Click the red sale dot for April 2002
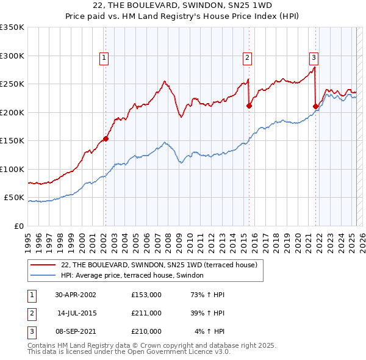(x=106, y=139)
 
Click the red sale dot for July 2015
(x=249, y=106)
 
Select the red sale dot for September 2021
(x=315, y=106)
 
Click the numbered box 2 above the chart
(x=248, y=58)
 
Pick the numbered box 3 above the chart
(x=314, y=58)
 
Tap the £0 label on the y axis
(x=18, y=226)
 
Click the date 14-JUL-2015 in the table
(x=77, y=313)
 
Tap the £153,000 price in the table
(x=146, y=294)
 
